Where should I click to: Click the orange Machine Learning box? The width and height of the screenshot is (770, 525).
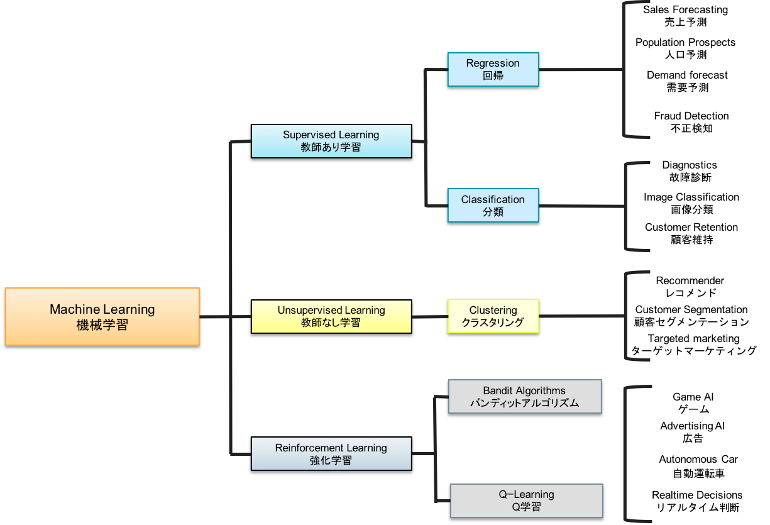pyautogui.click(x=102, y=316)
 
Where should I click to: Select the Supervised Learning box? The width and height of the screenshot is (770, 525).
pyautogui.click(x=331, y=141)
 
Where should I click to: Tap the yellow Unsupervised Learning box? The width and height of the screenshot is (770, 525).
pyautogui.click(x=331, y=316)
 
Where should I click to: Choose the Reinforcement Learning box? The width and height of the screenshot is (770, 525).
pyautogui.click(x=331, y=453)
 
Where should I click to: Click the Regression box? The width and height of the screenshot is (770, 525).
pyautogui.click(x=493, y=69)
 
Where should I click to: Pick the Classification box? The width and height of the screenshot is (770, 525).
pyautogui.click(x=493, y=205)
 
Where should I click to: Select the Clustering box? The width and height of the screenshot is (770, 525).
pyautogui.click(x=493, y=316)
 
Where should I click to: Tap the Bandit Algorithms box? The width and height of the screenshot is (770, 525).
pyautogui.click(x=524, y=396)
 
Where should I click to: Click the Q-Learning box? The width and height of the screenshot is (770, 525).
pyautogui.click(x=526, y=500)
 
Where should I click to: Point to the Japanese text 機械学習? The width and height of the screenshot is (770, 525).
pyautogui.click(x=102, y=325)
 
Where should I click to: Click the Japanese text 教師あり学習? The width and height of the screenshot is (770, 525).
pyautogui.click(x=331, y=148)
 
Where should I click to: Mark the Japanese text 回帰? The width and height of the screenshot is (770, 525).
pyautogui.click(x=493, y=76)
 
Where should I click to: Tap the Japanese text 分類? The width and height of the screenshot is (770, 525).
pyautogui.click(x=493, y=212)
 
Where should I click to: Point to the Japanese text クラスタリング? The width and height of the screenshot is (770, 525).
pyautogui.click(x=493, y=323)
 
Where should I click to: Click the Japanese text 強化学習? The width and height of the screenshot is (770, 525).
pyautogui.click(x=331, y=460)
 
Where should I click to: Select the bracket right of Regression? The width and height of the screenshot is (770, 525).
pyautogui.click(x=624, y=69)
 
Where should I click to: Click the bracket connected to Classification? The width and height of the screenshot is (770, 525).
pyautogui.click(x=626, y=206)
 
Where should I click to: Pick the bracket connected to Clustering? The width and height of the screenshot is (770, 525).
pyautogui.click(x=626, y=316)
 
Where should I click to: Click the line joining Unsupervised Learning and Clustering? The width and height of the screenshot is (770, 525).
pyautogui.click(x=429, y=317)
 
